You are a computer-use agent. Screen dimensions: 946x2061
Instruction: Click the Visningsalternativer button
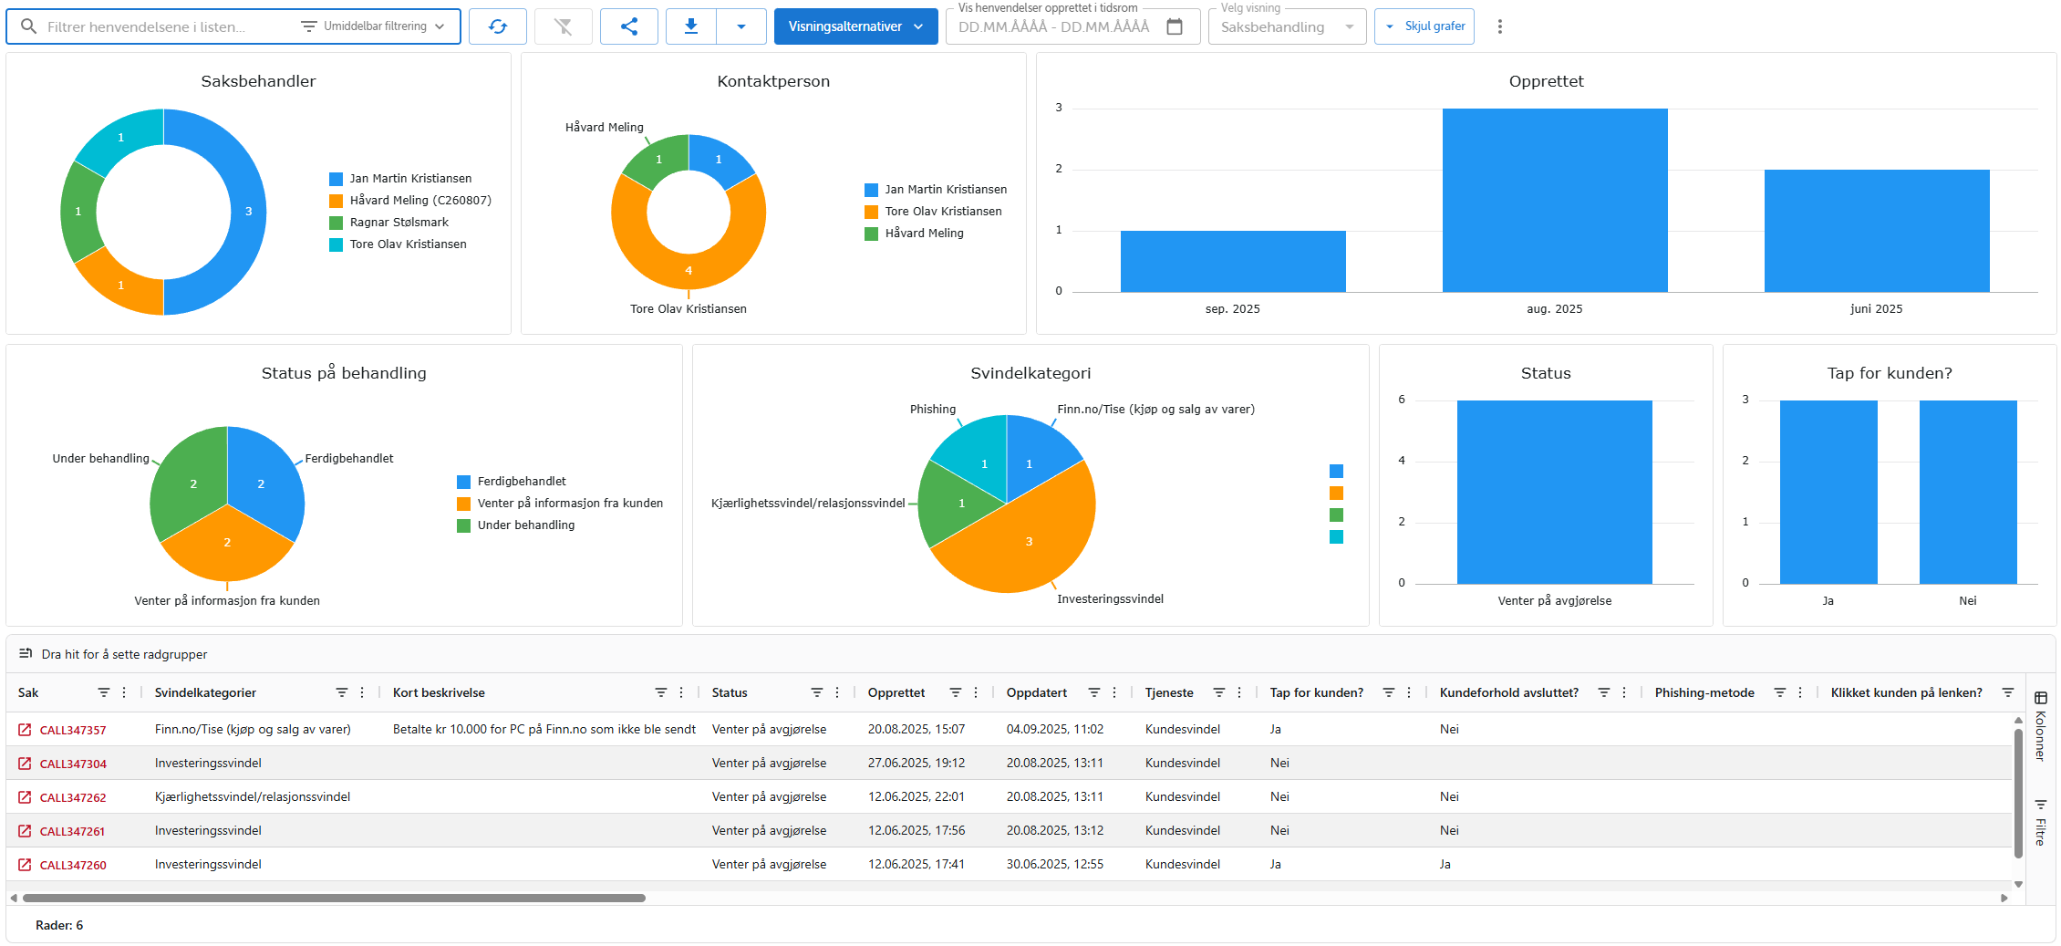pos(854,26)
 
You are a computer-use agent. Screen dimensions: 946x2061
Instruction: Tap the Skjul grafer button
pos(1424,26)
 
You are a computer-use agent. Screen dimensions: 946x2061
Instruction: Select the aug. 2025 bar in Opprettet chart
pos(1554,201)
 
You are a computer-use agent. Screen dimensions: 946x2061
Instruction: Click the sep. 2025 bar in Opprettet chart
pos(1232,261)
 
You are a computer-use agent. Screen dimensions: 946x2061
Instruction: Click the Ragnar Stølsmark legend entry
pos(399,223)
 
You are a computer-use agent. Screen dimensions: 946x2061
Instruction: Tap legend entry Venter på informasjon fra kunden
pos(569,504)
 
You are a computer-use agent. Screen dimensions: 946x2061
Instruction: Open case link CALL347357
pos(73,730)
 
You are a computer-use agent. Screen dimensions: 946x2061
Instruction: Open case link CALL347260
pos(73,865)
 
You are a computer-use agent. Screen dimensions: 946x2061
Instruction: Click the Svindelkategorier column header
pos(206,693)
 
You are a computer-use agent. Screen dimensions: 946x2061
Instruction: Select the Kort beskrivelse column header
pos(439,693)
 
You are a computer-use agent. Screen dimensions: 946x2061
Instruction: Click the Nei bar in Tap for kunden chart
pos(1967,493)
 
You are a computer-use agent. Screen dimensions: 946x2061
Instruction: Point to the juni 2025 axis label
pos(1876,309)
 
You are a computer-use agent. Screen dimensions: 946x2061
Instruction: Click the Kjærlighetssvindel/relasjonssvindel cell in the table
pos(253,797)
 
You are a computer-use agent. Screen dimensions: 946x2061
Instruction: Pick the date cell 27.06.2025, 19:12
pos(916,764)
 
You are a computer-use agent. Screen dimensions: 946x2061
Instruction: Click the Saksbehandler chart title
pos(258,81)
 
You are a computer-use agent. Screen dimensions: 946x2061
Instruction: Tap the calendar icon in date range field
pos(1175,26)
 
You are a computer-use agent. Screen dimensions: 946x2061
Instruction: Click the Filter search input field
pos(164,26)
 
